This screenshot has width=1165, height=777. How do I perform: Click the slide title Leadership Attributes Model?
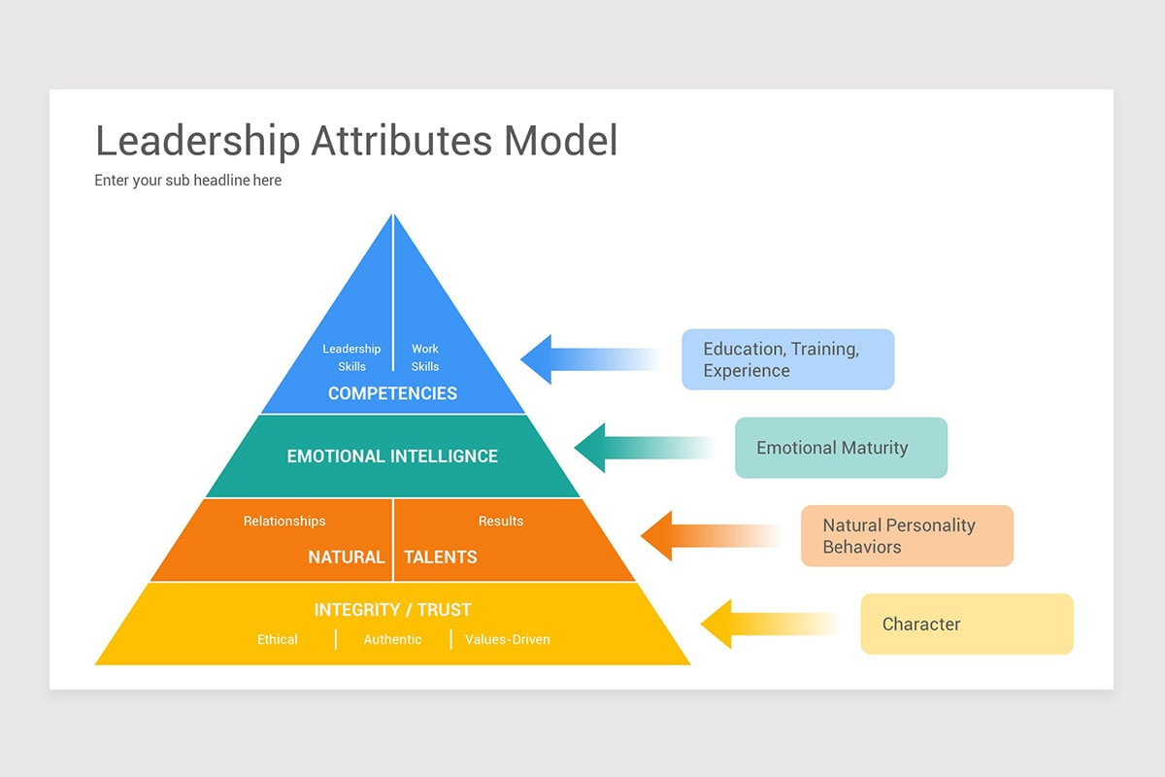(356, 141)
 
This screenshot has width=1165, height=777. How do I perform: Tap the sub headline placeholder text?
(187, 181)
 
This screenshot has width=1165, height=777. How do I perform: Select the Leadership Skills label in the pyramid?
(351, 357)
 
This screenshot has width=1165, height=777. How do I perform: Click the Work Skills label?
(425, 357)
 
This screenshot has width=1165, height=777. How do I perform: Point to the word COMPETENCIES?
(392, 393)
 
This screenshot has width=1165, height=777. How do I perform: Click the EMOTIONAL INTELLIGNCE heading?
(392, 456)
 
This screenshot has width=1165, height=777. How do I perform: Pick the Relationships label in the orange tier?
(284, 522)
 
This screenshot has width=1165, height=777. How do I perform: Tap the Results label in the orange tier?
(501, 522)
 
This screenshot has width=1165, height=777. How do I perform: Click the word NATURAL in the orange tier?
(347, 557)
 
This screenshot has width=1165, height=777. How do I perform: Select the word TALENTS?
(441, 557)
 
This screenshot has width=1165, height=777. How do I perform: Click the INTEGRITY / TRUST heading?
(392, 610)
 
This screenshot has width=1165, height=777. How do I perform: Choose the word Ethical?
(278, 640)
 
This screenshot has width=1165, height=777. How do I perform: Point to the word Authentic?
(392, 640)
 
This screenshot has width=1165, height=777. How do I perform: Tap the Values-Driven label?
(508, 640)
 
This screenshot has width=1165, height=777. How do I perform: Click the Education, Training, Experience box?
(787, 359)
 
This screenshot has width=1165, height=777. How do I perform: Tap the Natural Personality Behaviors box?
(907, 536)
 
